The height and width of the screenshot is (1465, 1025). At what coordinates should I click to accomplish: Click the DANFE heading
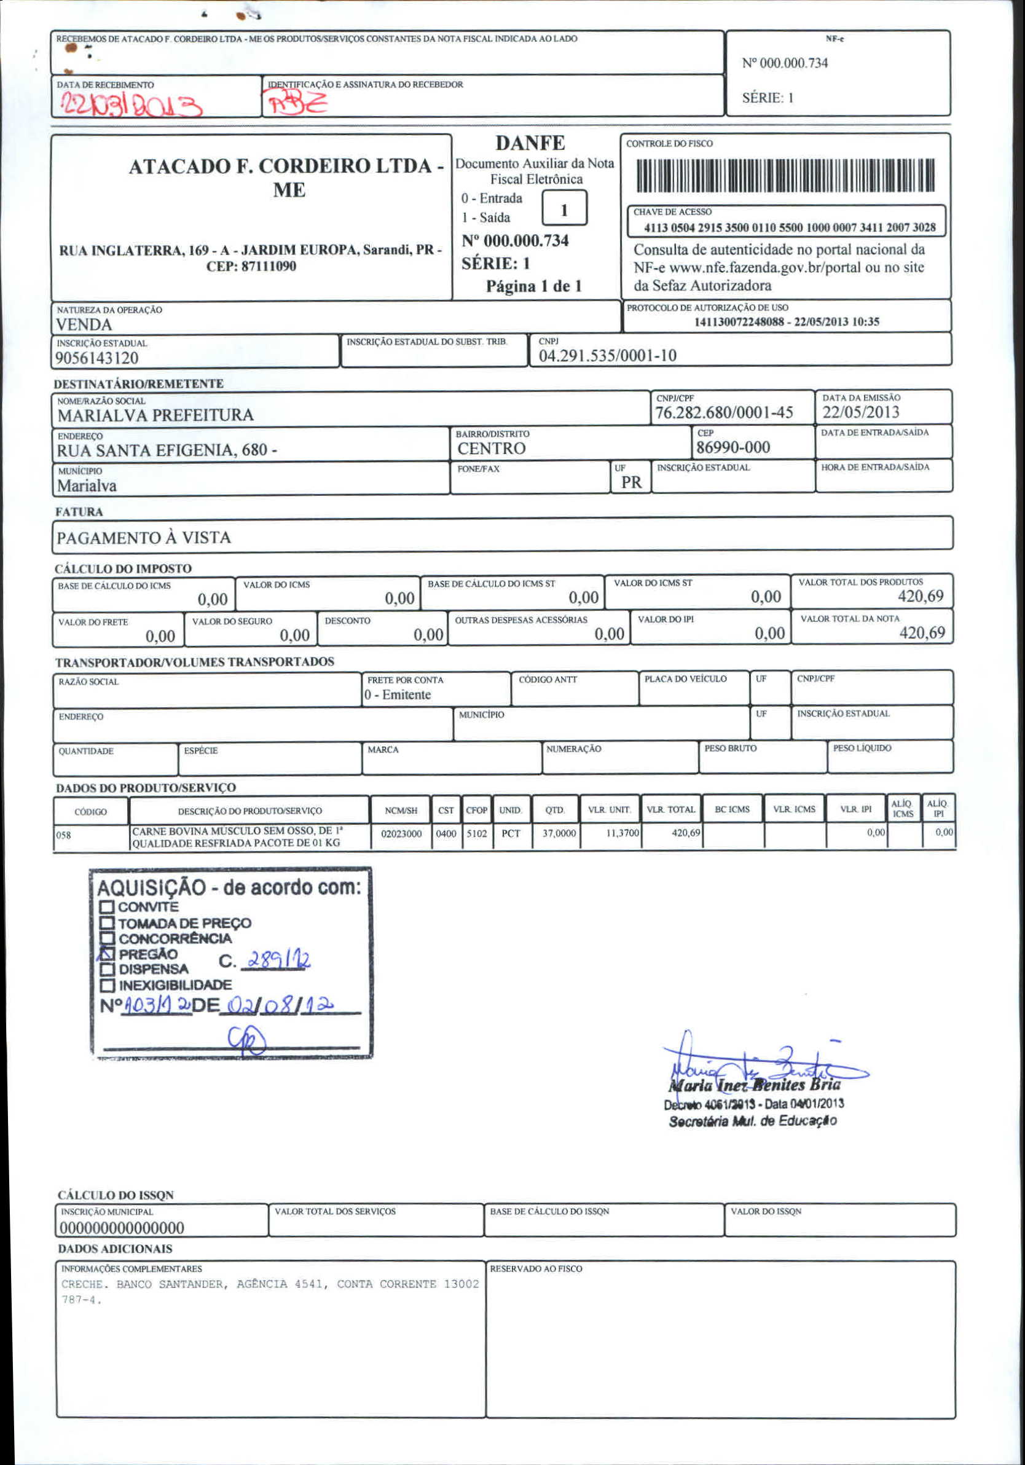(530, 143)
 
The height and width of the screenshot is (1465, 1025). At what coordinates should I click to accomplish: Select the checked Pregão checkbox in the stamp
(106, 953)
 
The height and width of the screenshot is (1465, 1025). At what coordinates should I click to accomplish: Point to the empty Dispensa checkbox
(106, 969)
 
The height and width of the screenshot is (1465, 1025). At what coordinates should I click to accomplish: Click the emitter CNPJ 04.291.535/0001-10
(607, 355)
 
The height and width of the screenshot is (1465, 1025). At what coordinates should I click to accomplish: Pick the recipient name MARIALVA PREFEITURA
(155, 415)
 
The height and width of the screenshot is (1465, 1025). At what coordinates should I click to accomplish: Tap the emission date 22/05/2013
(860, 412)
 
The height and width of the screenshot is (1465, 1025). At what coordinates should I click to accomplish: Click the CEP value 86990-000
(732, 447)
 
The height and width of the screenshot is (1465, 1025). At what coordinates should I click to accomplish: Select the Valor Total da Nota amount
(922, 632)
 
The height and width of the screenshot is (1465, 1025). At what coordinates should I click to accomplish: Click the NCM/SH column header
(401, 811)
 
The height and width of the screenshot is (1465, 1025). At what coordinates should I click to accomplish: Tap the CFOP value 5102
(477, 834)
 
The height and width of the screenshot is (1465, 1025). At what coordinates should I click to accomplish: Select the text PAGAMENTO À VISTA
(144, 537)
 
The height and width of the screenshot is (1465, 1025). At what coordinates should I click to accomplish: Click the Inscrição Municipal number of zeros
(121, 1228)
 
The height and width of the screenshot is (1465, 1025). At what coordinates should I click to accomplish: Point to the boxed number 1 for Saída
(564, 210)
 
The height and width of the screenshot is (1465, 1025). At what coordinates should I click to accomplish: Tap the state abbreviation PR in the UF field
(631, 482)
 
